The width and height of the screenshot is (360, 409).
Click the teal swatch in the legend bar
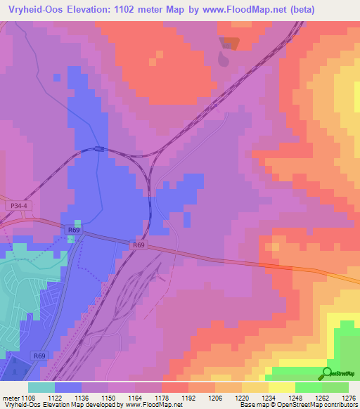41,387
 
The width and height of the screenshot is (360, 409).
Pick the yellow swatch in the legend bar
255,387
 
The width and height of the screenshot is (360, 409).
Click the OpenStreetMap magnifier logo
327,373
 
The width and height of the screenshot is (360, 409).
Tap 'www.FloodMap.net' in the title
245,9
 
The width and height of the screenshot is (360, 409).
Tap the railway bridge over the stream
100,148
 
